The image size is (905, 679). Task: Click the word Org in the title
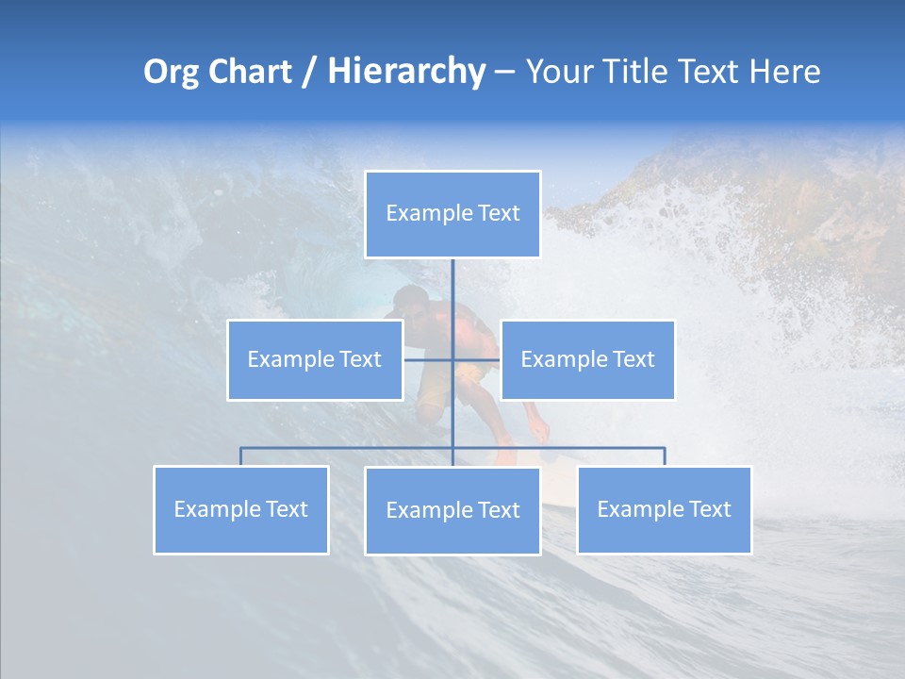pyautogui.click(x=171, y=73)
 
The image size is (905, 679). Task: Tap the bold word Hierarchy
pyautogui.click(x=406, y=73)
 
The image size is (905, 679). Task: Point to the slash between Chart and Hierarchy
pyautogui.click(x=309, y=73)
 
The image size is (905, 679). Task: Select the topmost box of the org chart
pyautogui.click(x=452, y=214)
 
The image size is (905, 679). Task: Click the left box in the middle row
pyautogui.click(x=315, y=359)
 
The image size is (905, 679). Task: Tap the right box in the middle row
pyautogui.click(x=587, y=359)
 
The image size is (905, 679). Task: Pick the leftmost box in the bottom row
pyautogui.click(x=241, y=509)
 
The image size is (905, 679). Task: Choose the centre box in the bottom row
pyautogui.click(x=452, y=510)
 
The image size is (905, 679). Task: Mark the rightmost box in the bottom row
pyautogui.click(x=664, y=509)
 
